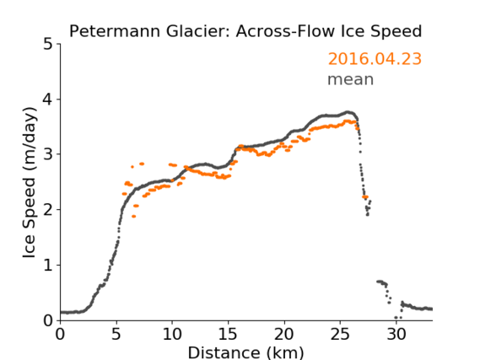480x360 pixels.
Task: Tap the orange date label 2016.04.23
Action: (375, 59)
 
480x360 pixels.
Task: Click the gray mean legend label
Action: (351, 79)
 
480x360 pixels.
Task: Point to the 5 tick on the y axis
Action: (47, 45)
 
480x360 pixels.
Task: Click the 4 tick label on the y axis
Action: (47, 99)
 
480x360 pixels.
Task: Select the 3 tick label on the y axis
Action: (47, 154)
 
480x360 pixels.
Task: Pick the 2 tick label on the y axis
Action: (47, 210)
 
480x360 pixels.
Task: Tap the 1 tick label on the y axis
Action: (48, 266)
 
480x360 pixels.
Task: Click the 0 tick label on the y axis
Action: (48, 320)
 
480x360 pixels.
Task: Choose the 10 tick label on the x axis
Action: (172, 335)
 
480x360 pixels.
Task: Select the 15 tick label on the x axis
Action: (228, 335)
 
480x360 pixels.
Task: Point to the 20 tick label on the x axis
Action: (284, 335)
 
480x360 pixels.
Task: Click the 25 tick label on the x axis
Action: (340, 335)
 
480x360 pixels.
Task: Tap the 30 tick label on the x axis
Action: (396, 335)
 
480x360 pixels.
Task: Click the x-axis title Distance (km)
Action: (245, 352)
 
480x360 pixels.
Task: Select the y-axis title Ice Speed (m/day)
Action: (30, 183)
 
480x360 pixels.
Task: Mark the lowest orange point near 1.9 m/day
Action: (134, 216)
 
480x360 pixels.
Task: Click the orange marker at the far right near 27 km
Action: (365, 197)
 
